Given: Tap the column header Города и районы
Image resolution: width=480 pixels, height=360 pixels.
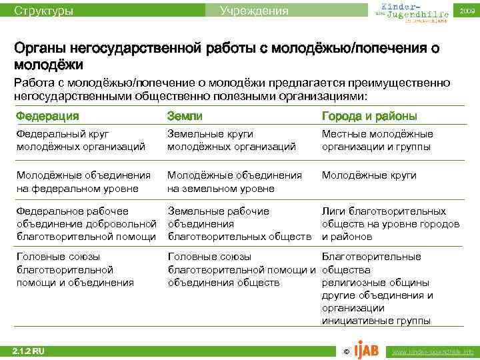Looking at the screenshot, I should tap(369, 117).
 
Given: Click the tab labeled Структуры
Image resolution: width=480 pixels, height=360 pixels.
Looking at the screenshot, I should tap(44, 11).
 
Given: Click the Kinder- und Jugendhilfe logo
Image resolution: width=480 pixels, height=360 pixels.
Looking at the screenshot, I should tap(406, 11).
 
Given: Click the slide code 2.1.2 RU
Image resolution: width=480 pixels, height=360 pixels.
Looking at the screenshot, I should tap(29, 350).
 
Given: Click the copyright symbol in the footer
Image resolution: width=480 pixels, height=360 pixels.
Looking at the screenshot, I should tap(345, 351).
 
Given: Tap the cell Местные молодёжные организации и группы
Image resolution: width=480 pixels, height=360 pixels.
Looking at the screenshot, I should tap(377, 140).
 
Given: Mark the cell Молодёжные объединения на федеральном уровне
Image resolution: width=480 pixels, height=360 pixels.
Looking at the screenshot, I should tap(83, 181).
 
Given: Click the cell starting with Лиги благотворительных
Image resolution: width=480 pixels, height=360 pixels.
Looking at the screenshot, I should tap(390, 223).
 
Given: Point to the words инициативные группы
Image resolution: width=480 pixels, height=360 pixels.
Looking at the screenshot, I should tap(375, 320).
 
